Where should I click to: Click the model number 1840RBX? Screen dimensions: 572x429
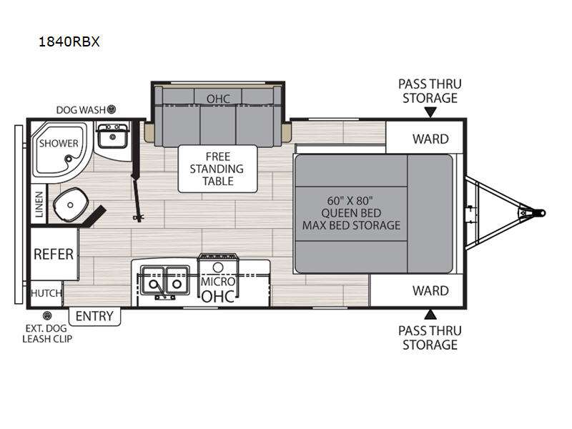pos(69,41)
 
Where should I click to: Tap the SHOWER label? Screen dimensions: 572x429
pos(59,144)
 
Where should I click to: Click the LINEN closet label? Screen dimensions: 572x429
pos(39,204)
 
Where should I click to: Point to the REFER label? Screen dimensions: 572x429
pos(54,255)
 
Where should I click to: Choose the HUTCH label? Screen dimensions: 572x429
pos(46,293)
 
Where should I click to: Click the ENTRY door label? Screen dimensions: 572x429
pos(94,316)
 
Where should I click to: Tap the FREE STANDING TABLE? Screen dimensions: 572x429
pos(218,169)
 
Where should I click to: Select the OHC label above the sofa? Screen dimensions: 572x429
pos(218,99)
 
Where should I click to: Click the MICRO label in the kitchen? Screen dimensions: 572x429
pos(218,282)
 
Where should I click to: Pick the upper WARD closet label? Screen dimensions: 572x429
pos(430,139)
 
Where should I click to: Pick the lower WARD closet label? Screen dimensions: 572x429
pos(430,291)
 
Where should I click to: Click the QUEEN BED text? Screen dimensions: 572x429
pos(351,213)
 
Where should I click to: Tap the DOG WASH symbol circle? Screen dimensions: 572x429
pos(112,109)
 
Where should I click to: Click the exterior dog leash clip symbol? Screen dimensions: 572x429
pos(47,315)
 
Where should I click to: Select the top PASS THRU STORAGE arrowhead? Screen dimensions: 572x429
pos(430,112)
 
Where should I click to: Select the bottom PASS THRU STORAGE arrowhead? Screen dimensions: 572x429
pos(430,315)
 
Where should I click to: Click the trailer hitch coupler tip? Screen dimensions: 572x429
pos(543,212)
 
